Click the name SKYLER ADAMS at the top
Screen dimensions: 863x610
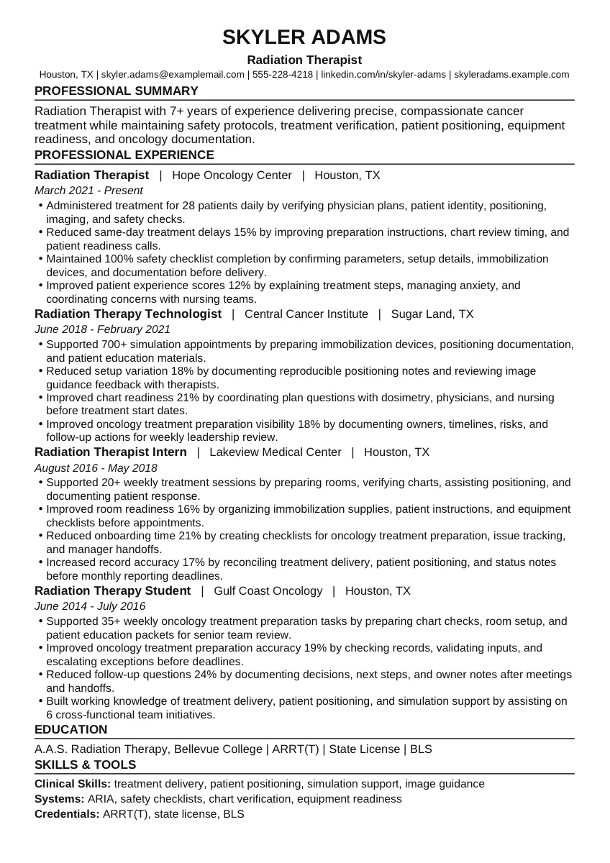[304, 37]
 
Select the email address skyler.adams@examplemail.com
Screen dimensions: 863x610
[173, 74]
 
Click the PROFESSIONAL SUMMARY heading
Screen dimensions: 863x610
[117, 91]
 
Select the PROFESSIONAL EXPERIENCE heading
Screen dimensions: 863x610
[124, 155]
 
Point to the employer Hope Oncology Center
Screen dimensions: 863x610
[232, 175]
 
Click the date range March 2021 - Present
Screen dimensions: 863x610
[88, 191]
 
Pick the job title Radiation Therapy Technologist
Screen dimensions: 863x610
[128, 314]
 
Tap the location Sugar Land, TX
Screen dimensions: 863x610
[432, 314]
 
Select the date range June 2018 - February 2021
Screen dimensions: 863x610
[102, 329]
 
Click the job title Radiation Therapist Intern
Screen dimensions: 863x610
[111, 452]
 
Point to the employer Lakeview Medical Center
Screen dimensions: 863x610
[276, 452]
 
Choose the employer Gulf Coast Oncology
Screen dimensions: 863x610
[268, 591]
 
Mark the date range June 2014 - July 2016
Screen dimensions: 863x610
[90, 606]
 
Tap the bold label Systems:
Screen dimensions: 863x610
[60, 799]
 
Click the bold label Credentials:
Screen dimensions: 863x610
[67, 814]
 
